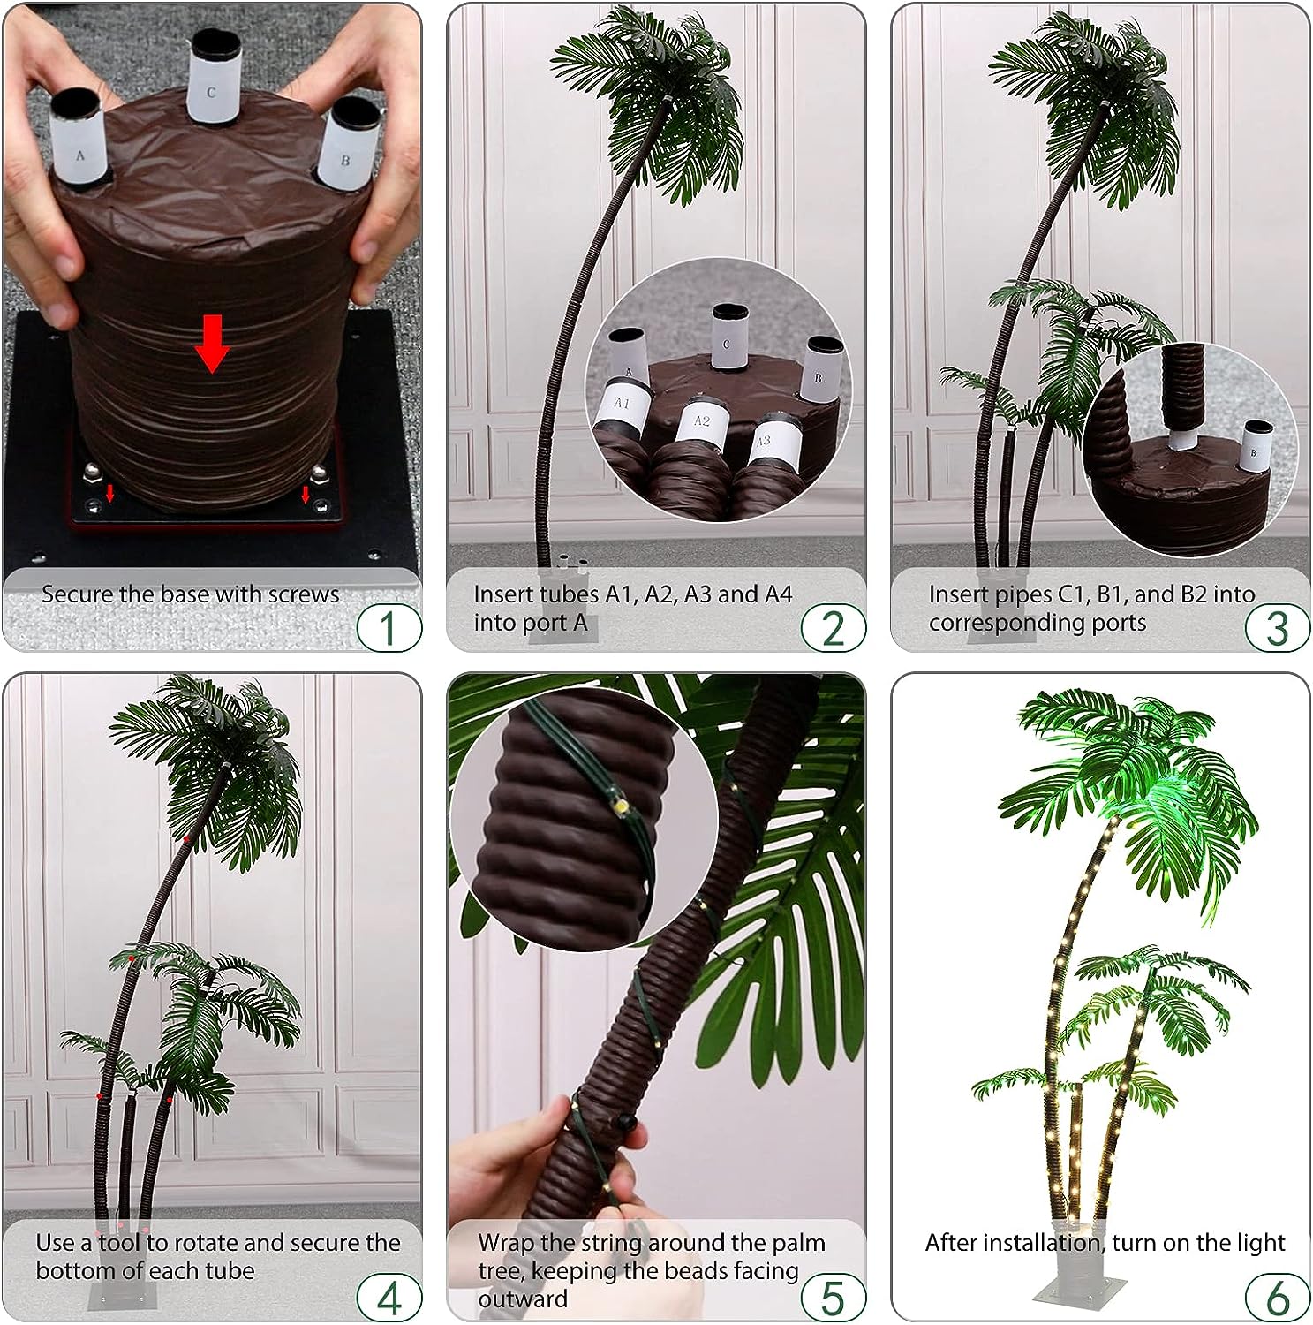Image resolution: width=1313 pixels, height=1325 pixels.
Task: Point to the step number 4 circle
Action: pyautogui.click(x=389, y=1297)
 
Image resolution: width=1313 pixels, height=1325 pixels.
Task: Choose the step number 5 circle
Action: pyautogui.click(x=833, y=1297)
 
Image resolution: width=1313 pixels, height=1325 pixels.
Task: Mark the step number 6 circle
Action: pyautogui.click(x=1277, y=1297)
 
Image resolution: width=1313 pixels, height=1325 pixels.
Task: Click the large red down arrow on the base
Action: pyautogui.click(x=212, y=351)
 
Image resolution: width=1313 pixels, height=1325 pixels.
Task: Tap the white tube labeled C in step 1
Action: pyautogui.click(x=211, y=85)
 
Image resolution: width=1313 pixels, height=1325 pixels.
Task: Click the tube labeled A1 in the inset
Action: pyautogui.click(x=622, y=404)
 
